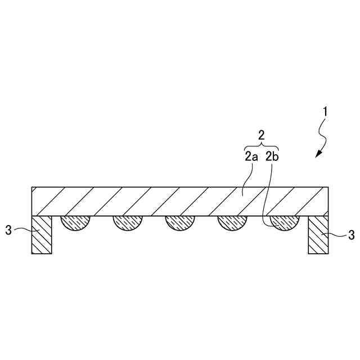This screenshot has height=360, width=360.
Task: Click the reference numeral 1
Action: (x=324, y=111)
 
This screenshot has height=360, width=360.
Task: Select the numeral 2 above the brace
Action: (x=261, y=135)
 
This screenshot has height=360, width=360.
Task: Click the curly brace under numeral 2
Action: (x=261, y=146)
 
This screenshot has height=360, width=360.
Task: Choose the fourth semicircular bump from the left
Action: (x=231, y=223)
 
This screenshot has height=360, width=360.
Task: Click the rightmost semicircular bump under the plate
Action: (x=283, y=223)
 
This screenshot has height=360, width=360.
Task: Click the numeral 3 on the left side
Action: (x=8, y=231)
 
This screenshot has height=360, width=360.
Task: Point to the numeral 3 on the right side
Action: (x=352, y=235)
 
